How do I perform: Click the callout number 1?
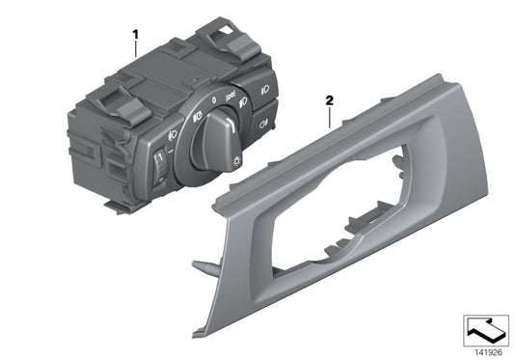click(135, 35)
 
